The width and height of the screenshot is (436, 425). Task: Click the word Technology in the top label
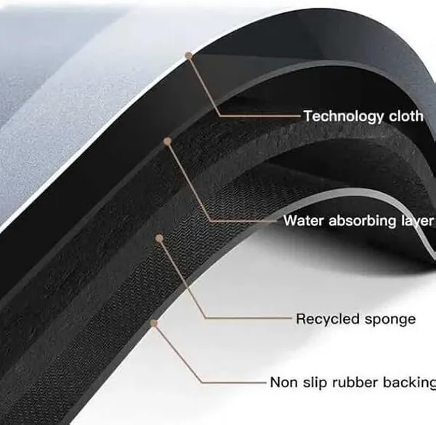click(x=344, y=116)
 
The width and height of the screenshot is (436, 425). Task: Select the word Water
click(x=304, y=221)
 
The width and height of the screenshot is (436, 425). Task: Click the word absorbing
click(x=363, y=221)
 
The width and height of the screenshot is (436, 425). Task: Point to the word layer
click(x=417, y=221)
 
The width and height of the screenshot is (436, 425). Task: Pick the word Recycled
click(x=327, y=319)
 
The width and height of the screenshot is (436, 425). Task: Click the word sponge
click(x=389, y=320)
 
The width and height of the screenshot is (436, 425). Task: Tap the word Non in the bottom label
click(x=283, y=382)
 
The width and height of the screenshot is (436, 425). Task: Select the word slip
click(x=314, y=382)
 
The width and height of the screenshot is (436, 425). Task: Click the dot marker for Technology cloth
click(x=189, y=55)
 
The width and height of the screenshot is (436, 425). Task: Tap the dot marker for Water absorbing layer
click(x=167, y=141)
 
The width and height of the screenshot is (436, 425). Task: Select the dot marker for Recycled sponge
click(x=159, y=238)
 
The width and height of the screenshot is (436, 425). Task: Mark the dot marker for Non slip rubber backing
click(x=154, y=323)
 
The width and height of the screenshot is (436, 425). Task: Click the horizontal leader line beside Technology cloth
click(x=260, y=115)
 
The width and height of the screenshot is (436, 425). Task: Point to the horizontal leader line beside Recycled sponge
click(x=249, y=318)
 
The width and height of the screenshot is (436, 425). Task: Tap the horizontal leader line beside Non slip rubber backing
click(x=234, y=383)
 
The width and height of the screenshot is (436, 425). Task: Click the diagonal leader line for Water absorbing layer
click(x=189, y=182)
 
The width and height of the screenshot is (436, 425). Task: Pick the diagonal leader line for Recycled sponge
click(x=182, y=278)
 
